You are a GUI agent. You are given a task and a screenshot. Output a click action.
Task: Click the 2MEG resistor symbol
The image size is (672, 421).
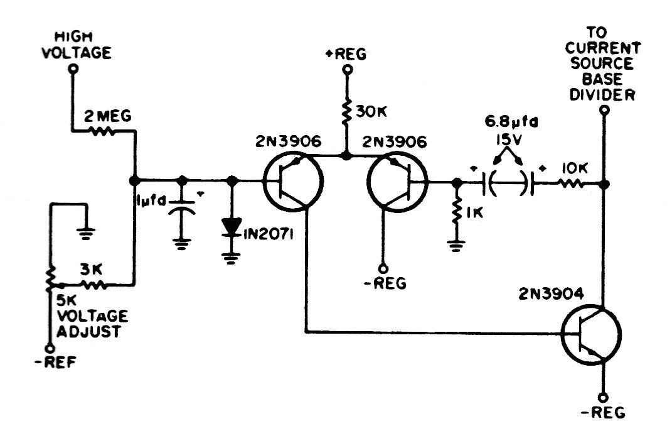(103, 131)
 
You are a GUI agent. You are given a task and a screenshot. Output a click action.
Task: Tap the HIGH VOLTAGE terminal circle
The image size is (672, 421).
(73, 69)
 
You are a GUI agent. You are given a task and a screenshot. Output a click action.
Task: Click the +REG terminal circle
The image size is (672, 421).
(345, 70)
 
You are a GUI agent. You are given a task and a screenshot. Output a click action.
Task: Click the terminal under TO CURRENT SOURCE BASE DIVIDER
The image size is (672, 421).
(603, 109)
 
